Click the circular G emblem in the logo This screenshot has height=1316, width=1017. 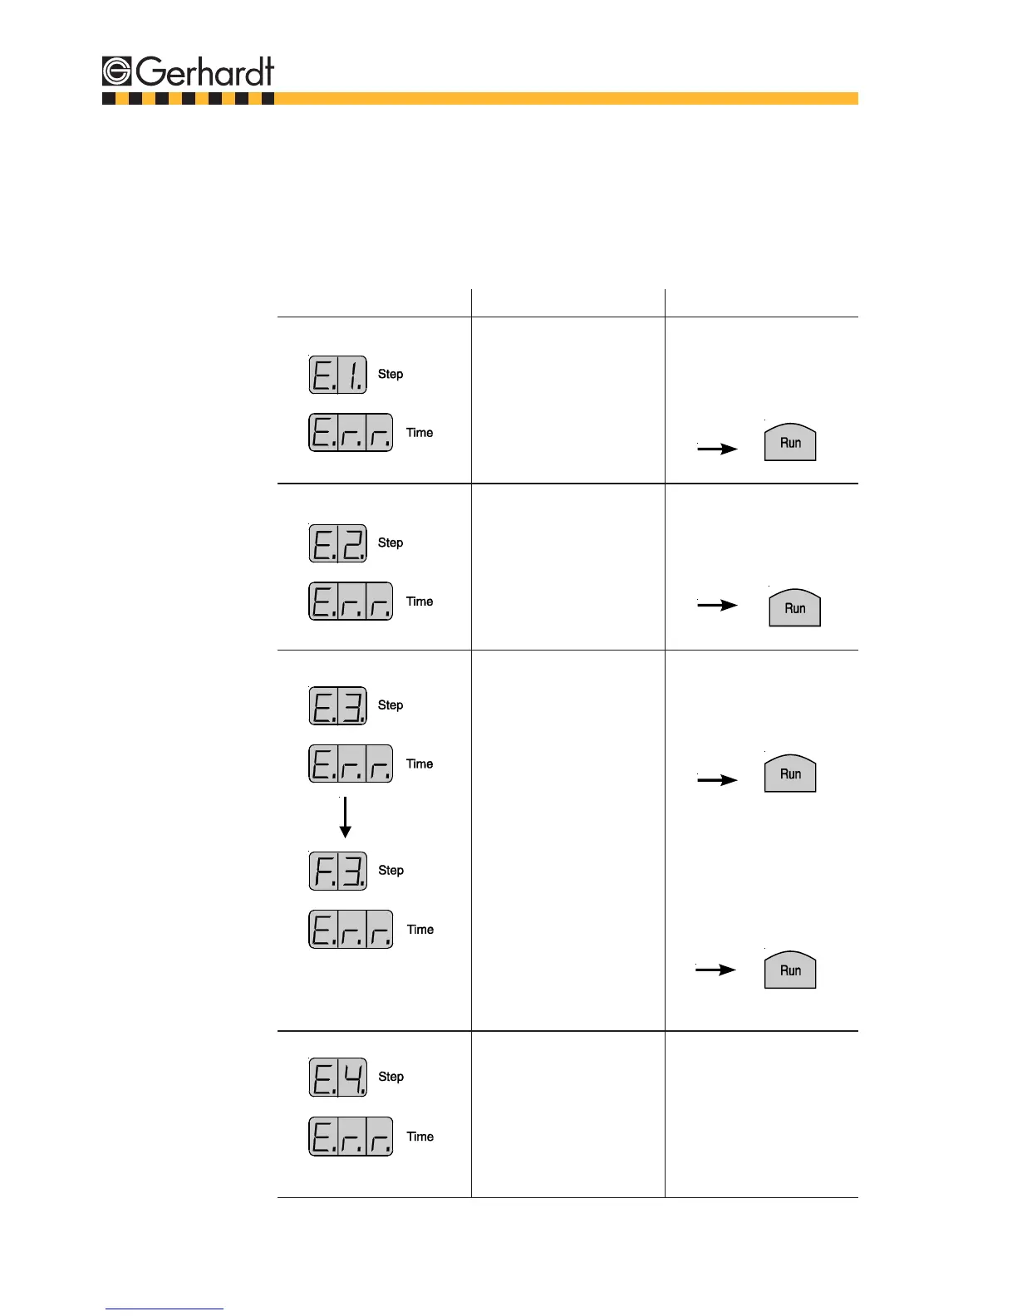[117, 71]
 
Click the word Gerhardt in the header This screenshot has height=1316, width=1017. [205, 71]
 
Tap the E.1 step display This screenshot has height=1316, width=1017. [338, 375]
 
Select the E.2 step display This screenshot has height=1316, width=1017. [338, 543]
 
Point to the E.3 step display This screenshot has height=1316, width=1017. [338, 706]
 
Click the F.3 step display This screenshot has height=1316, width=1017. [338, 871]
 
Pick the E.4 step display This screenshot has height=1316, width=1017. [338, 1078]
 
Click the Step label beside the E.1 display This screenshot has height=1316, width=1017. [391, 375]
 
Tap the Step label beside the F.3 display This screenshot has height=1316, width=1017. [391, 871]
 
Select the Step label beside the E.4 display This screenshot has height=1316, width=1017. [391, 1077]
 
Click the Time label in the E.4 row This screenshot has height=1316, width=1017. [420, 1137]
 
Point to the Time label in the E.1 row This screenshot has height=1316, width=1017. [420, 433]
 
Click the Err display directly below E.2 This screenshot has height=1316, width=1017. [351, 602]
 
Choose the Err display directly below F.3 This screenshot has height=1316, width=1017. [351, 930]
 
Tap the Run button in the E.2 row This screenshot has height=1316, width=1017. [794, 607]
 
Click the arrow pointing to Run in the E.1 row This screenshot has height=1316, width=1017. [717, 449]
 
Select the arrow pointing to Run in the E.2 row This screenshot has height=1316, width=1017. [717, 605]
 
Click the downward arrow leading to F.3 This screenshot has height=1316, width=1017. [345, 818]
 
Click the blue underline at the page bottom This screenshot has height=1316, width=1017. [165, 1309]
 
